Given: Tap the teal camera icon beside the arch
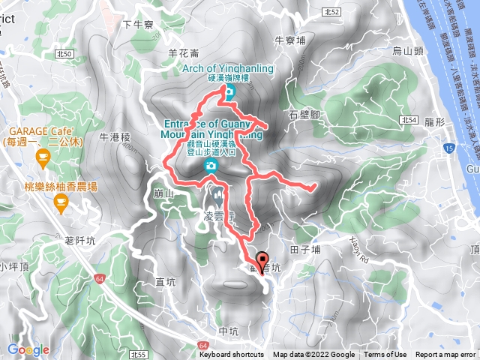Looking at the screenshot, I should point(229,93).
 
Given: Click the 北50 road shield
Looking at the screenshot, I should point(64,54).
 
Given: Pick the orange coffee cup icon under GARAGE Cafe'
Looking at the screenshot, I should point(42,157).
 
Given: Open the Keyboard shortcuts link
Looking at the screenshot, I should point(231,355).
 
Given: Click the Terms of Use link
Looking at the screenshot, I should point(385,355).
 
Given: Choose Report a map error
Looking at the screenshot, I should point(445,355).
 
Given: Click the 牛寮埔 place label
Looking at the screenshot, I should point(290,40).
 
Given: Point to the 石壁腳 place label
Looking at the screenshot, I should point(304,114).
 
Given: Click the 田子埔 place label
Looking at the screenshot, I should point(305,249).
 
